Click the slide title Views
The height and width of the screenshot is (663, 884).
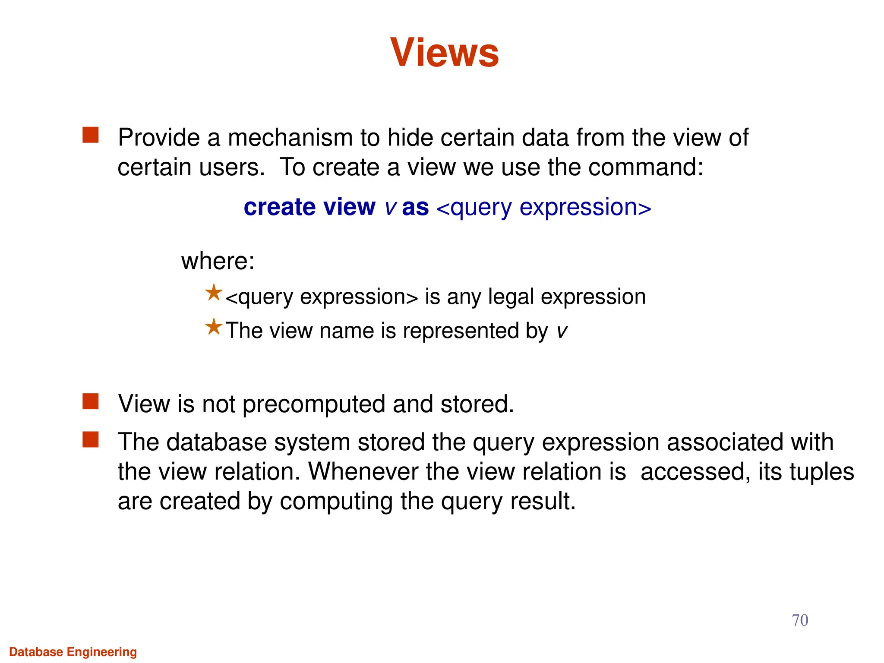tap(444, 52)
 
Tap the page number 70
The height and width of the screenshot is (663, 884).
tap(799, 620)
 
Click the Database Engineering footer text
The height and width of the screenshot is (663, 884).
tap(73, 652)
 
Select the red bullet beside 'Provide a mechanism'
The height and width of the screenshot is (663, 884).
tap(91, 135)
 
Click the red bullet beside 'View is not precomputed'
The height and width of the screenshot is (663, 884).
tap(91, 401)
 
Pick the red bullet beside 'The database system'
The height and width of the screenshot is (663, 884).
tap(91, 440)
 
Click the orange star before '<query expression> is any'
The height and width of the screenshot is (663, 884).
tap(214, 293)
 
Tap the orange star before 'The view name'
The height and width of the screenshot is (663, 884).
tap(214, 327)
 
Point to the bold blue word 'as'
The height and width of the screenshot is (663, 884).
tap(415, 207)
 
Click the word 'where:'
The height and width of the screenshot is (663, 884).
tap(218, 261)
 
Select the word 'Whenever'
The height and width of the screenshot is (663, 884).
tap(363, 472)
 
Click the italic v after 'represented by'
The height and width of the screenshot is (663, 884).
tap(562, 331)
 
